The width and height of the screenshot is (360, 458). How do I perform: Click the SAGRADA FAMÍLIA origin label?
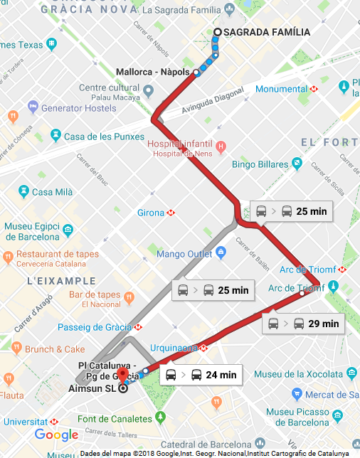click(x=267, y=32)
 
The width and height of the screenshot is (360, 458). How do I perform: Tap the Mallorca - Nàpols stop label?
click(x=154, y=72)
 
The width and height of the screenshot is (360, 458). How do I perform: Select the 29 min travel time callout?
click(x=303, y=324)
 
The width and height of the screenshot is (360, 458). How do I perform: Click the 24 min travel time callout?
click(x=201, y=375)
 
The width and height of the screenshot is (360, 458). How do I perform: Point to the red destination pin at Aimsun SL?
click(x=122, y=377)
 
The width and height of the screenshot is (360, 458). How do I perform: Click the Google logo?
click(x=56, y=435)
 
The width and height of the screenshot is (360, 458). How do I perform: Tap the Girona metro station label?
click(x=151, y=213)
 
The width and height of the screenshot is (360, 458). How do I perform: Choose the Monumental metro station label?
click(x=281, y=89)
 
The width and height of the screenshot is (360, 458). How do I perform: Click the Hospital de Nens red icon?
click(x=221, y=147)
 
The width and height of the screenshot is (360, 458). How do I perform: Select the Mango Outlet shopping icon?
click(x=221, y=253)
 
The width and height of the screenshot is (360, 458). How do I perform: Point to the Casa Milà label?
click(x=53, y=192)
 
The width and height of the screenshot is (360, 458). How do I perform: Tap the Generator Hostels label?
click(x=78, y=108)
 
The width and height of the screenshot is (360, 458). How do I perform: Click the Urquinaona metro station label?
click(x=174, y=348)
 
